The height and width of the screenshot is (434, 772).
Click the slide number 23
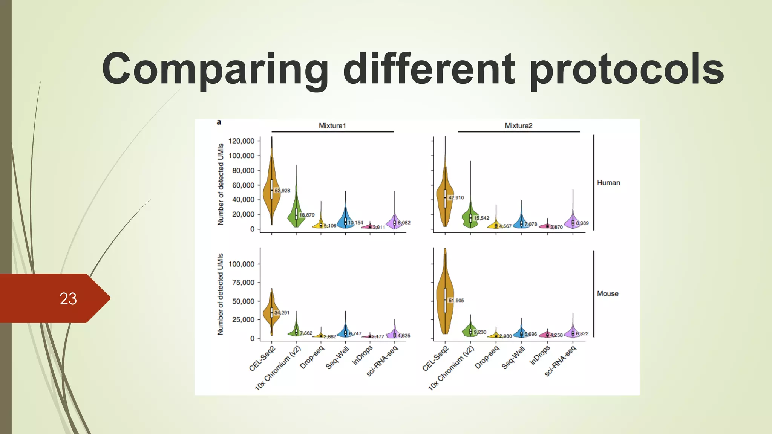[x=68, y=299]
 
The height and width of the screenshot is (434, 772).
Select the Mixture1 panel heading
[x=332, y=125]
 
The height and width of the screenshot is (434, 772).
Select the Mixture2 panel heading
[x=518, y=125]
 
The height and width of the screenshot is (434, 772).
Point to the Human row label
[x=608, y=183]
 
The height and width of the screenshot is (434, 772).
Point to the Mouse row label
[x=607, y=293]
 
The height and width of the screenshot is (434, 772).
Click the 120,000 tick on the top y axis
[x=242, y=141]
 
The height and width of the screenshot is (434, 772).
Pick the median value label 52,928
[x=282, y=191]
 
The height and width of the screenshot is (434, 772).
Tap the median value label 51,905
[x=456, y=300]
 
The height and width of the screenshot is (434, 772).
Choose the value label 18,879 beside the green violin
[x=307, y=215]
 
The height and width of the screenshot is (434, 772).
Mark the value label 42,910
[x=456, y=197]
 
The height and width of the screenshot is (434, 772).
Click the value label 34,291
[x=282, y=313]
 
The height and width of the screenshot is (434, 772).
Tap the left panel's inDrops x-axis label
[x=362, y=355]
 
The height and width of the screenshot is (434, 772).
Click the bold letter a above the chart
[x=219, y=122]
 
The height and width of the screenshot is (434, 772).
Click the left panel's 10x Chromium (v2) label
[x=278, y=368]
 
